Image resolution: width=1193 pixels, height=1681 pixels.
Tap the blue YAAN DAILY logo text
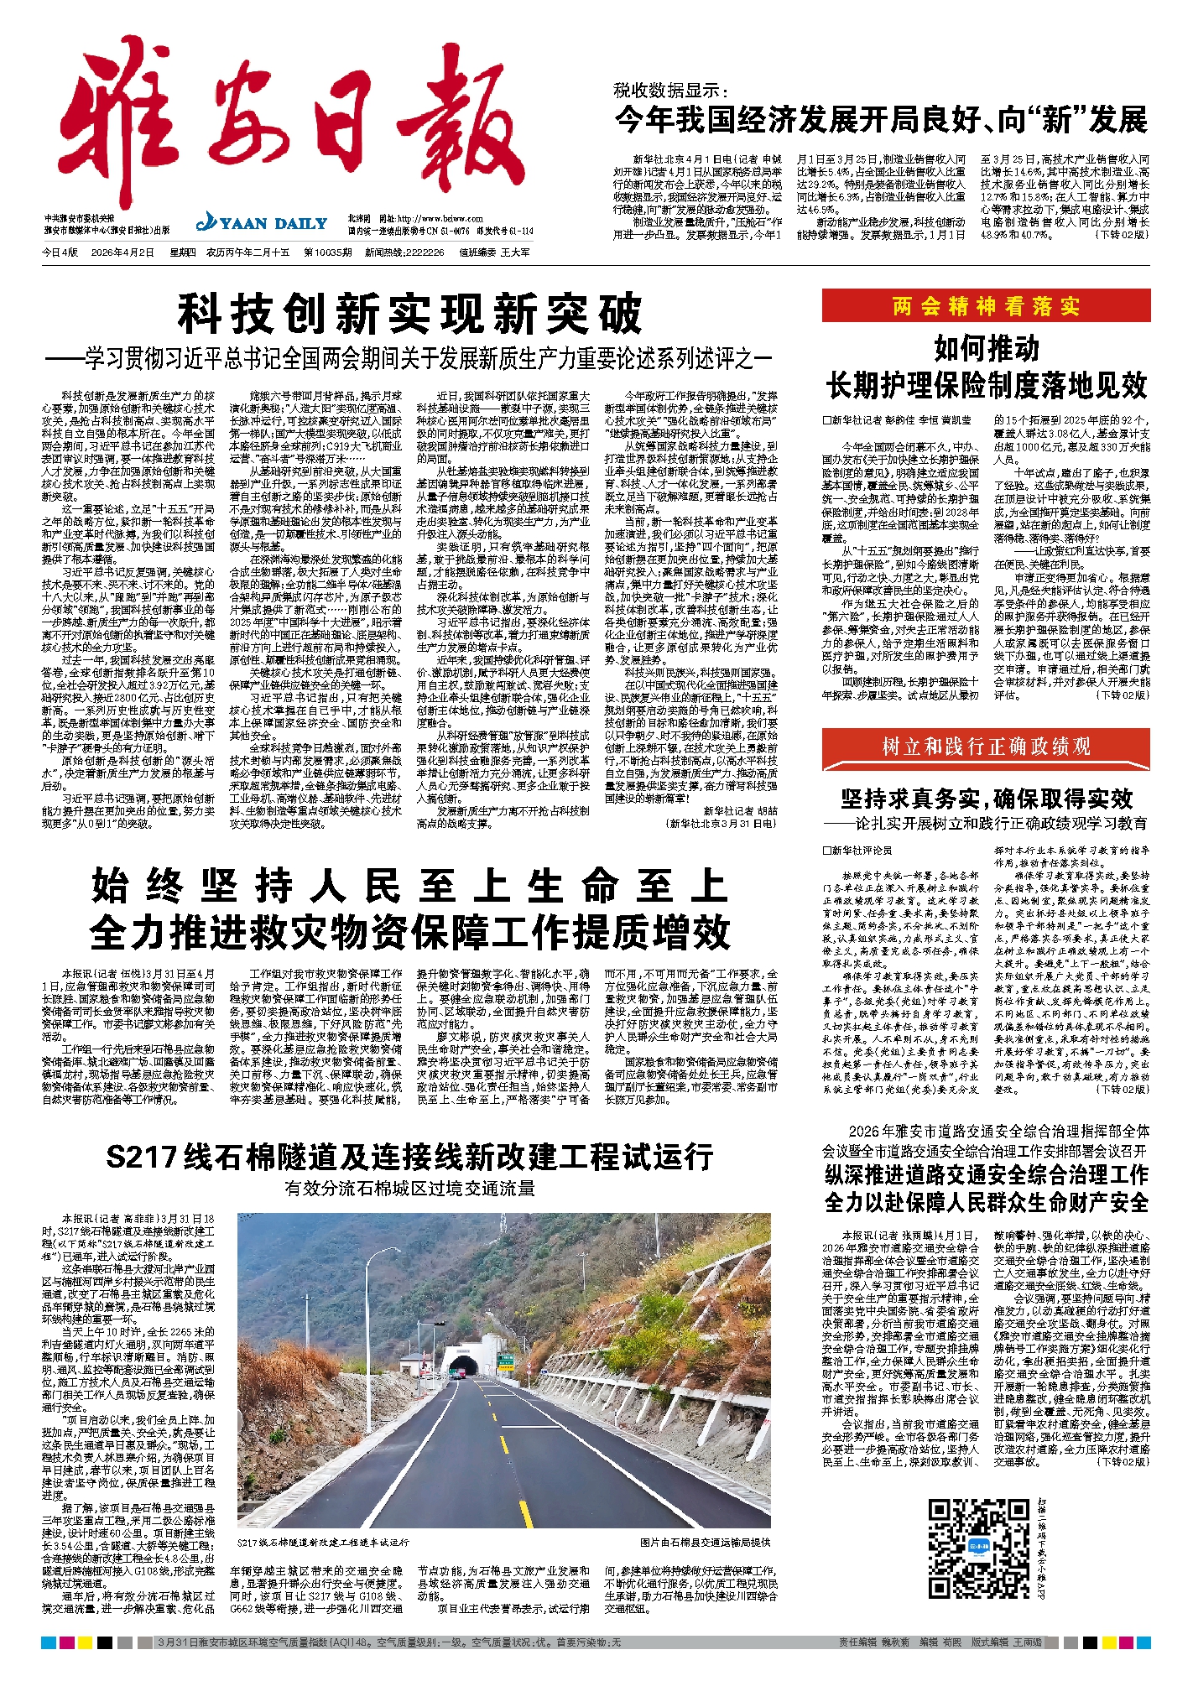262,223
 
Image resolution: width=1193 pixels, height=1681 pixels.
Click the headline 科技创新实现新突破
409,315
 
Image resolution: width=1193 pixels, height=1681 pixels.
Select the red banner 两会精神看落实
986,305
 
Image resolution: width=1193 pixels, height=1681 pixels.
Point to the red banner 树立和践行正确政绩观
986,746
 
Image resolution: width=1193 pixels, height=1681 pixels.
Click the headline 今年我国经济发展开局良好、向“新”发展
881,120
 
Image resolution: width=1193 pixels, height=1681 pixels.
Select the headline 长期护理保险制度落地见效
986,385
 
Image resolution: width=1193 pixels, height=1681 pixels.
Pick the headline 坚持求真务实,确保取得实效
986,798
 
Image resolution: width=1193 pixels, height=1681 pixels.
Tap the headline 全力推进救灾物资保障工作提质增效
409,932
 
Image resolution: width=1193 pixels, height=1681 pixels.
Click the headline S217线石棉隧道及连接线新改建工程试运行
409,1158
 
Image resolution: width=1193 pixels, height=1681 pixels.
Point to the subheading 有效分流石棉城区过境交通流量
409,1189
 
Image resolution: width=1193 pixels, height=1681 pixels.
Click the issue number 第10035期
328,252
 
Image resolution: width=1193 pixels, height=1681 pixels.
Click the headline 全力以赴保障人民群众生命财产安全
986,1202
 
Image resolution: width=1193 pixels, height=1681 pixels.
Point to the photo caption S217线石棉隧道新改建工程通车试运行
323,1542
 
